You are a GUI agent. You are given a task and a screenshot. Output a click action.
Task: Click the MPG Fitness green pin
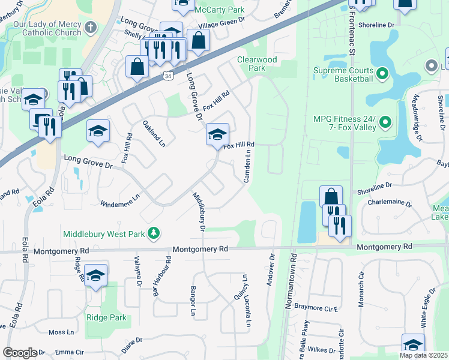pyautogui.click(x=387, y=123)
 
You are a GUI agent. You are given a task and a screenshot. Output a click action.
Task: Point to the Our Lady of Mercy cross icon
pyautogui.click(x=90, y=27)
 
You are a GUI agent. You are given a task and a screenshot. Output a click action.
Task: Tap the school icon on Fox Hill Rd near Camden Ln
pyautogui.click(x=217, y=134)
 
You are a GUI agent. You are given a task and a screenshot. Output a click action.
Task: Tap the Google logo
pyautogui.click(x=19, y=353)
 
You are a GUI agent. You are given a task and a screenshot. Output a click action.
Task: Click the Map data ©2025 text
pyautogui.click(x=423, y=355)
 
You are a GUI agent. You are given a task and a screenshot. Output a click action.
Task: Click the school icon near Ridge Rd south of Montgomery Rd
pyautogui.click(x=95, y=275)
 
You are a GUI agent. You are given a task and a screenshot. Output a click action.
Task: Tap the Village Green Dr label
pyautogui.click(x=223, y=27)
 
